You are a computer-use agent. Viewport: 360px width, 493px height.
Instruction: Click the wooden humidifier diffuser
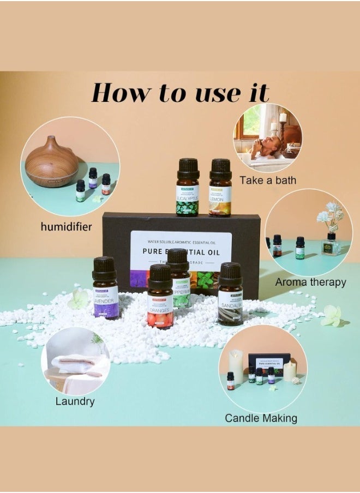click(52, 162)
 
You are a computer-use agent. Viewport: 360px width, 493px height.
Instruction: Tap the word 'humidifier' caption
click(65, 226)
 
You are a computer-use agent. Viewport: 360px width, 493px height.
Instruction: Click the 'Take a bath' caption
click(267, 180)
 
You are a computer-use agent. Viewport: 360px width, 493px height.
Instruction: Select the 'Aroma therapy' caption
click(310, 282)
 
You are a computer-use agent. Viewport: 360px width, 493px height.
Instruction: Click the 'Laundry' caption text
click(75, 401)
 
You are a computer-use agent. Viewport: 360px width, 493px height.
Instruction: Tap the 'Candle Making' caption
click(261, 418)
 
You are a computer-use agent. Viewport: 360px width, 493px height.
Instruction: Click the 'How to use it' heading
click(180, 93)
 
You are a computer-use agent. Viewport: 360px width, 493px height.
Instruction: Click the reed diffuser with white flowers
click(331, 235)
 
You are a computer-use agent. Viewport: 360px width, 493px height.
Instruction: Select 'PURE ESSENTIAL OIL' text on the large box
click(181, 252)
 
